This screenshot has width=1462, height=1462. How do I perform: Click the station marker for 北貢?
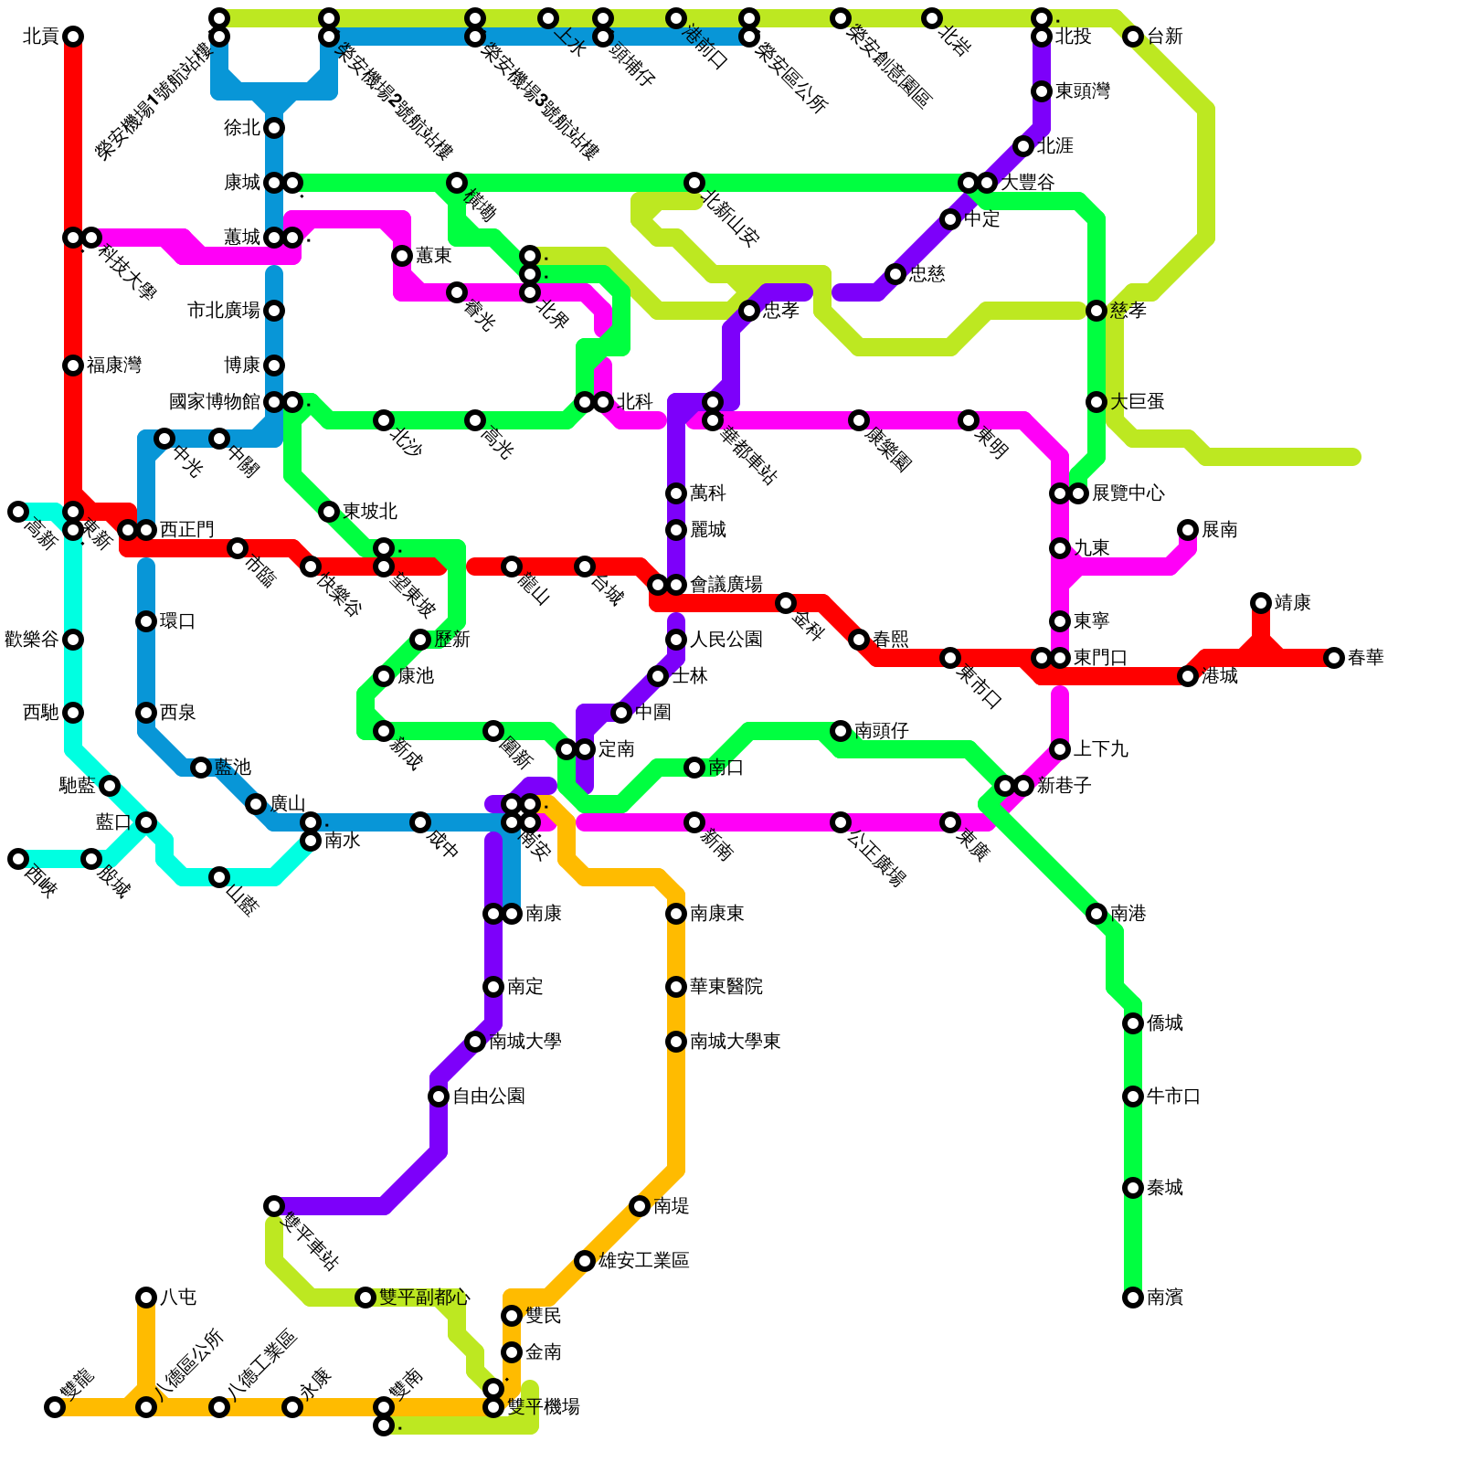73,37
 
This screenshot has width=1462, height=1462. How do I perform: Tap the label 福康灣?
114,365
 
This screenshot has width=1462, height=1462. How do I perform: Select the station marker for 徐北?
274,128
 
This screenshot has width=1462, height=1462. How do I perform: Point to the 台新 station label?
1165,37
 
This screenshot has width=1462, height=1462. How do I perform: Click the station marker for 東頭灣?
1042,91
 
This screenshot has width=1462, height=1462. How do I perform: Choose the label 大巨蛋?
1138,402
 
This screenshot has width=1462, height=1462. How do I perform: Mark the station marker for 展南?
1188,530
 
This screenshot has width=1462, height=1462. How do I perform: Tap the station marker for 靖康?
1261,603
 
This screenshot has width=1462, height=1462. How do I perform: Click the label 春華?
1366,658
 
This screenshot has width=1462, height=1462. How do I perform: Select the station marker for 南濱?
1133,1298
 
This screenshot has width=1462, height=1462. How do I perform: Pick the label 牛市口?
1174,1096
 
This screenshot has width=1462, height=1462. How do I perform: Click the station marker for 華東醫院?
676,987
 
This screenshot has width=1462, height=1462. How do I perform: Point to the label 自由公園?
489,1096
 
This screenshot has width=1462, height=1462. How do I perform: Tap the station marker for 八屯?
146,1298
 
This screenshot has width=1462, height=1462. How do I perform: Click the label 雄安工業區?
644,1261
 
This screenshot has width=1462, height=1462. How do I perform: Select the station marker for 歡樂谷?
73,640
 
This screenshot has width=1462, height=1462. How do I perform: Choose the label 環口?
178,621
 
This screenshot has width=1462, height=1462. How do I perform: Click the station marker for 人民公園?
676,640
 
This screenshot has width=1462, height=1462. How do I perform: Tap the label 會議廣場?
726,585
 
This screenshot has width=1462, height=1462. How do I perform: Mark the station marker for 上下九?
1060,749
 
